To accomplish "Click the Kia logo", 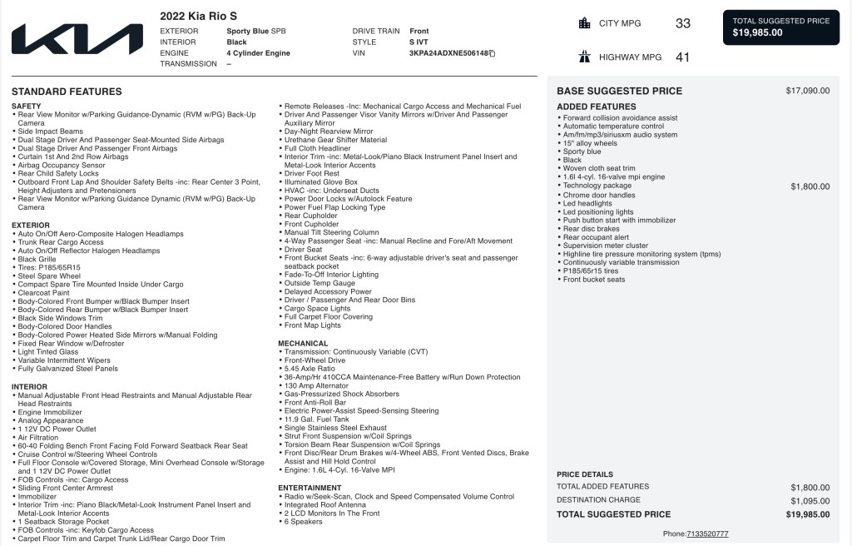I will (77, 39).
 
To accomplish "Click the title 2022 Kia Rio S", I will (198, 15).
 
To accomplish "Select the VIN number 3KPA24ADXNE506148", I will (448, 53).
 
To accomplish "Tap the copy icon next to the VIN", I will (493, 53).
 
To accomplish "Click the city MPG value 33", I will (682, 23).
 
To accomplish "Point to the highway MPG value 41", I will (682, 57).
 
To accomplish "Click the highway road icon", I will (584, 57).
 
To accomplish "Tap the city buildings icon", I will (584, 23).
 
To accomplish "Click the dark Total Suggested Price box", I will (780, 27).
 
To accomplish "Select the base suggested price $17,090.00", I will (807, 91).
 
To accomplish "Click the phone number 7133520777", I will (707, 534).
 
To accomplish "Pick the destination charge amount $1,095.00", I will (810, 501).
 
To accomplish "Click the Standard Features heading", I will (67, 92).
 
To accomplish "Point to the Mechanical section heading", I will (303, 343).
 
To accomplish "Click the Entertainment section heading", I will (310, 488).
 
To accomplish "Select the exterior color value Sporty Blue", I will (247, 31).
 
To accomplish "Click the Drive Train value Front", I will (419, 31).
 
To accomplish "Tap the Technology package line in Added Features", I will (597, 186).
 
